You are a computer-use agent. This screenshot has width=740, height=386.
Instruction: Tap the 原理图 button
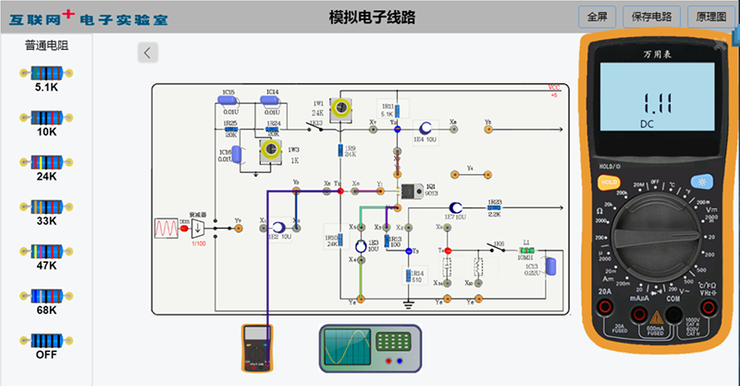pos(710,17)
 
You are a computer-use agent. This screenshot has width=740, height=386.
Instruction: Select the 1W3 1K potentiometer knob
pos(271,150)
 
